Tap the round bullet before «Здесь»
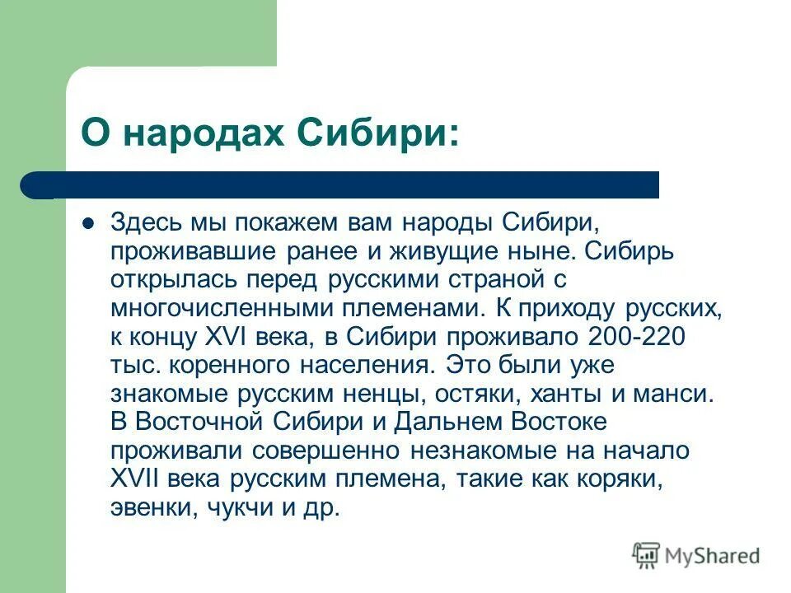click(x=89, y=224)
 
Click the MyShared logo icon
click(x=646, y=556)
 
